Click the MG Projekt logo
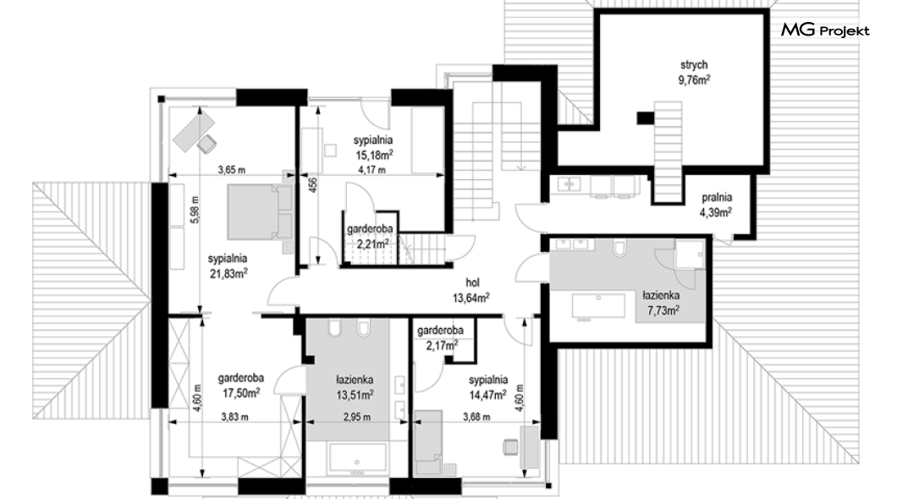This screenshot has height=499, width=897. [x=825, y=30]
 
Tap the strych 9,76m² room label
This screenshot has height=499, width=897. [x=694, y=73]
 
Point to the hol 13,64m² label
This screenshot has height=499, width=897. [x=471, y=290]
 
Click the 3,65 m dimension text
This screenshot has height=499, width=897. [x=232, y=169]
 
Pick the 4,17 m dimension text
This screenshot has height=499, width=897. [x=371, y=169]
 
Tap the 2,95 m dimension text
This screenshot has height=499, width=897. [x=357, y=417]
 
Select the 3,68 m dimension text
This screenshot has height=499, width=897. [x=476, y=417]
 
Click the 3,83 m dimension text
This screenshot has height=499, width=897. [x=234, y=417]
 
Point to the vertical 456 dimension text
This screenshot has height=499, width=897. [x=313, y=186]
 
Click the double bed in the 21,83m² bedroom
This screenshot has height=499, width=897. [x=261, y=211]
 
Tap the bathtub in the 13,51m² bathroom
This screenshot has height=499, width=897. [x=358, y=459]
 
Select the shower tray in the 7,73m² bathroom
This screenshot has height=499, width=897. [x=690, y=254]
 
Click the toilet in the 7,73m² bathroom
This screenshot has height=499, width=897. [x=619, y=248]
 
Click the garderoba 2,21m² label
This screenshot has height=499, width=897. [x=370, y=236]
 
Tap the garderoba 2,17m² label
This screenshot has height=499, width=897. [x=440, y=337]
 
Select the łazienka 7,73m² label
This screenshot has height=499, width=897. [x=661, y=303]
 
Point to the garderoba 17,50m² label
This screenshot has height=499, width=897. [x=241, y=385]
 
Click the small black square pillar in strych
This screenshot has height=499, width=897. [x=646, y=118]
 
